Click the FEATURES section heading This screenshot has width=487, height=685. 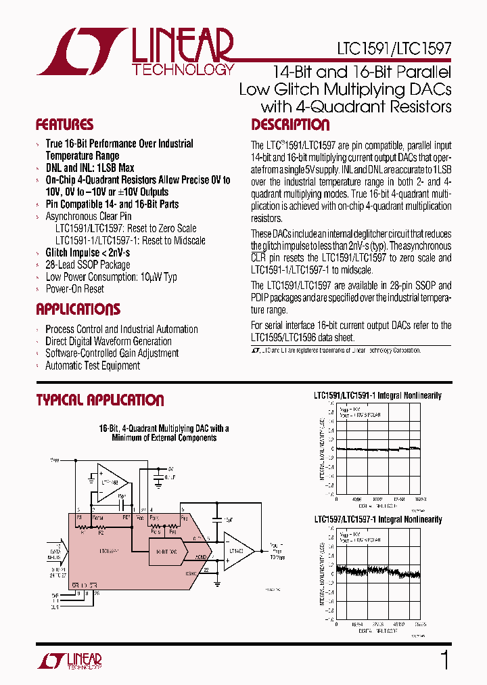(x=64, y=125)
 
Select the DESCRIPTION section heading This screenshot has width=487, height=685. (x=290, y=125)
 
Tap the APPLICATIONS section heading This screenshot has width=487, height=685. (x=78, y=309)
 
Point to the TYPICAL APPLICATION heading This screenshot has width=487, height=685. (x=99, y=400)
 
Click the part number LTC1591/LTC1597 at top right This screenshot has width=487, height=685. (x=394, y=49)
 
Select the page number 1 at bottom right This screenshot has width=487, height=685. (x=444, y=660)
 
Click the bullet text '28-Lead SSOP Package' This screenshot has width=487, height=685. (x=87, y=265)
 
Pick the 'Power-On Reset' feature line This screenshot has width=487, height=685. (x=74, y=289)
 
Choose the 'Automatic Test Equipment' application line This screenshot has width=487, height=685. (x=92, y=366)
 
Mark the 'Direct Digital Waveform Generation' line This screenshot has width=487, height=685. (x=108, y=341)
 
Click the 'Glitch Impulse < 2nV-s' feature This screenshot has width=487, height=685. (x=87, y=252)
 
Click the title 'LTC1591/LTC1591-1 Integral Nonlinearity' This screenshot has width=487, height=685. (x=377, y=395)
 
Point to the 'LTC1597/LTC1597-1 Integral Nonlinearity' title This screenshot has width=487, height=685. (x=377, y=520)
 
